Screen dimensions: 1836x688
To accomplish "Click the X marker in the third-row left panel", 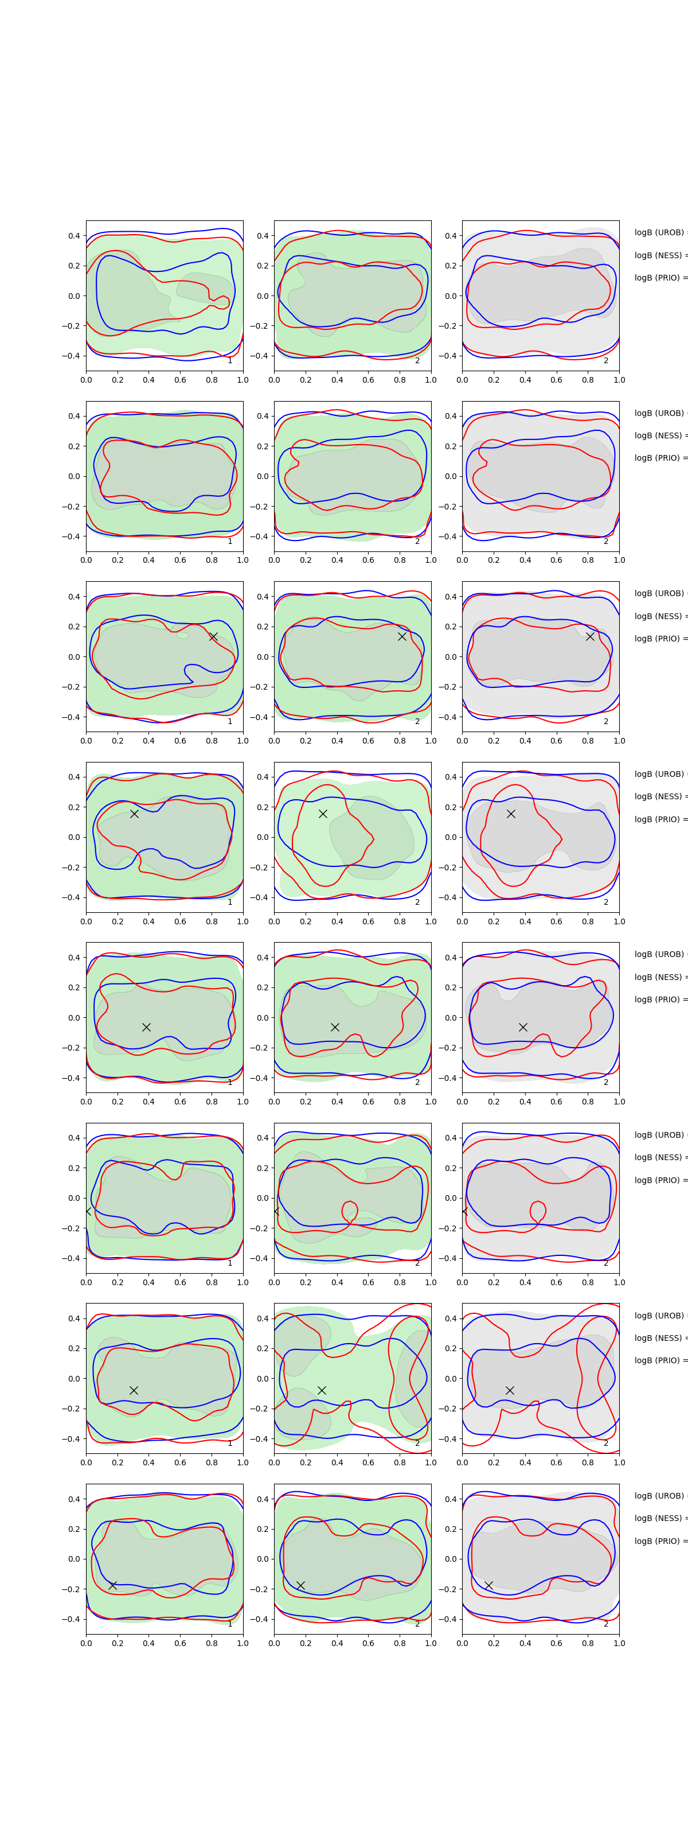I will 213,636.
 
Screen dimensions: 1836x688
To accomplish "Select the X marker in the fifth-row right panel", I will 523,1027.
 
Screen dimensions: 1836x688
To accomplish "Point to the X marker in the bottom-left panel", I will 112,1585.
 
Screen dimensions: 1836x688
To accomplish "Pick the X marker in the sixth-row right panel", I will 464,1211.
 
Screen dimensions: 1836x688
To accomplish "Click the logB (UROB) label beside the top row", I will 659,232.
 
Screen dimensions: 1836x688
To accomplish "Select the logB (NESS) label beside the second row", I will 659,435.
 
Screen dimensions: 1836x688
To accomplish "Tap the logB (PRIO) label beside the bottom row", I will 659,1541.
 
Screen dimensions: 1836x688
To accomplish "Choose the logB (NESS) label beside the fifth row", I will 659,977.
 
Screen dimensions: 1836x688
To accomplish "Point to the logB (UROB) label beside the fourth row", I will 659,774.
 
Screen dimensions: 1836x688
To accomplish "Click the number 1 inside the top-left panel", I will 229,361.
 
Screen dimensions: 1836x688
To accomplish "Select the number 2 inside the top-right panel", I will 606,361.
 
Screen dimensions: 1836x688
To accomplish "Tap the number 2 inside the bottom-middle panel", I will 417,1624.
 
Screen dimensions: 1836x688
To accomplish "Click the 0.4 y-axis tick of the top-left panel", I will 73,236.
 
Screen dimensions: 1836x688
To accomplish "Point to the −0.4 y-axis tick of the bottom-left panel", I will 71,1619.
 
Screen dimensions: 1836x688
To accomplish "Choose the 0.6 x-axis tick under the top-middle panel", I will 368,380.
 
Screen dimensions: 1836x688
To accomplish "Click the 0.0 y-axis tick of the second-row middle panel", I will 262,476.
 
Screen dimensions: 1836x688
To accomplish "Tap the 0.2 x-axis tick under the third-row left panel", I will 118,741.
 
